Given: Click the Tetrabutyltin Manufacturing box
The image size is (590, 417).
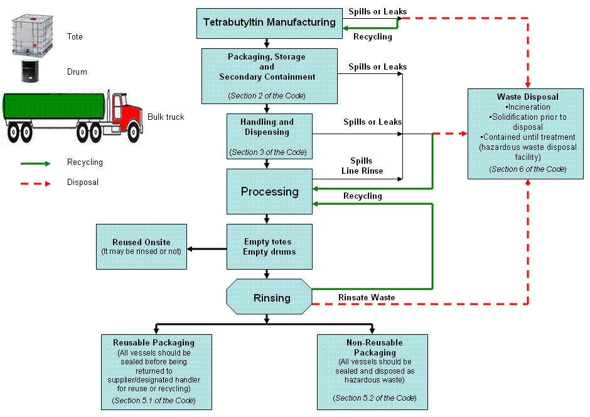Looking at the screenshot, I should (269, 23).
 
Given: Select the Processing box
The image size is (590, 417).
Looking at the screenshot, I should (269, 191).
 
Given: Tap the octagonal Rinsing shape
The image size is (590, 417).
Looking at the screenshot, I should (269, 298).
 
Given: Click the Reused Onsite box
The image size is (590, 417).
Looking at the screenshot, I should (141, 246).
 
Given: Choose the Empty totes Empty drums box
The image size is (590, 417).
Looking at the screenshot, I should (269, 246).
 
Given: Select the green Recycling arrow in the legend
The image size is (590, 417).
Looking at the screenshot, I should (36, 163).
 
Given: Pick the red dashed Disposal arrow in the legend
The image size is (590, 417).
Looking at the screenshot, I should (36, 183).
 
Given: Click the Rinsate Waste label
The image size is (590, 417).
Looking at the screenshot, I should (367, 297).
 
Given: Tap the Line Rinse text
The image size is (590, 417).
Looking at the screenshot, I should (362, 171).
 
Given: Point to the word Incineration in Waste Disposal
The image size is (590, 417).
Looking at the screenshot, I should (528, 107).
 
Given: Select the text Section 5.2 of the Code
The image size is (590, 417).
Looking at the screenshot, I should (374, 398).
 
